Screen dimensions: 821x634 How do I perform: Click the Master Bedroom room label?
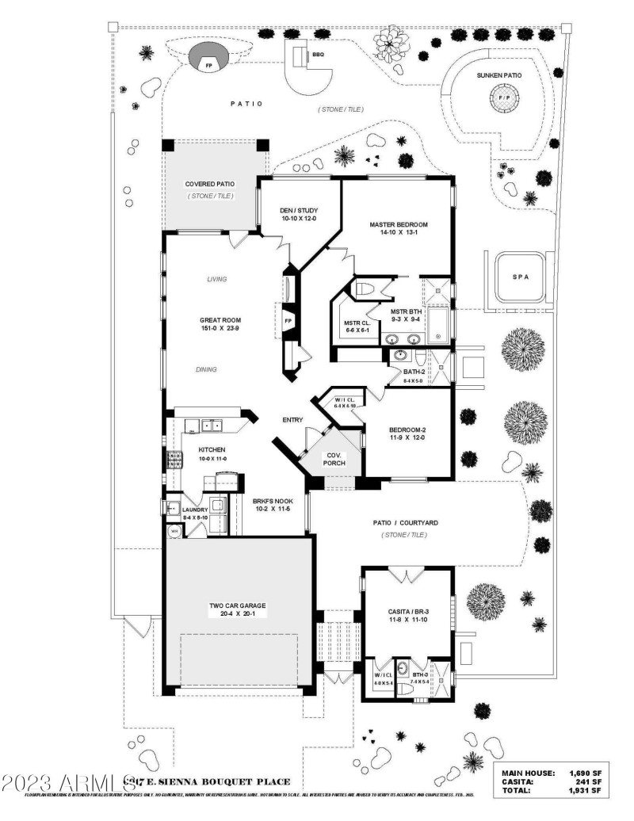coord(398,225)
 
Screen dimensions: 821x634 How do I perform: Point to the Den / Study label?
coord(298,211)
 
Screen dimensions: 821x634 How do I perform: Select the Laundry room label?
coord(195,510)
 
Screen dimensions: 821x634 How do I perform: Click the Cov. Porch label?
coord(334,459)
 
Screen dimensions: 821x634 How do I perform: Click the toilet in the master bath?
coord(365,288)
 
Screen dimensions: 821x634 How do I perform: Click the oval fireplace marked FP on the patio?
coord(208,59)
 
